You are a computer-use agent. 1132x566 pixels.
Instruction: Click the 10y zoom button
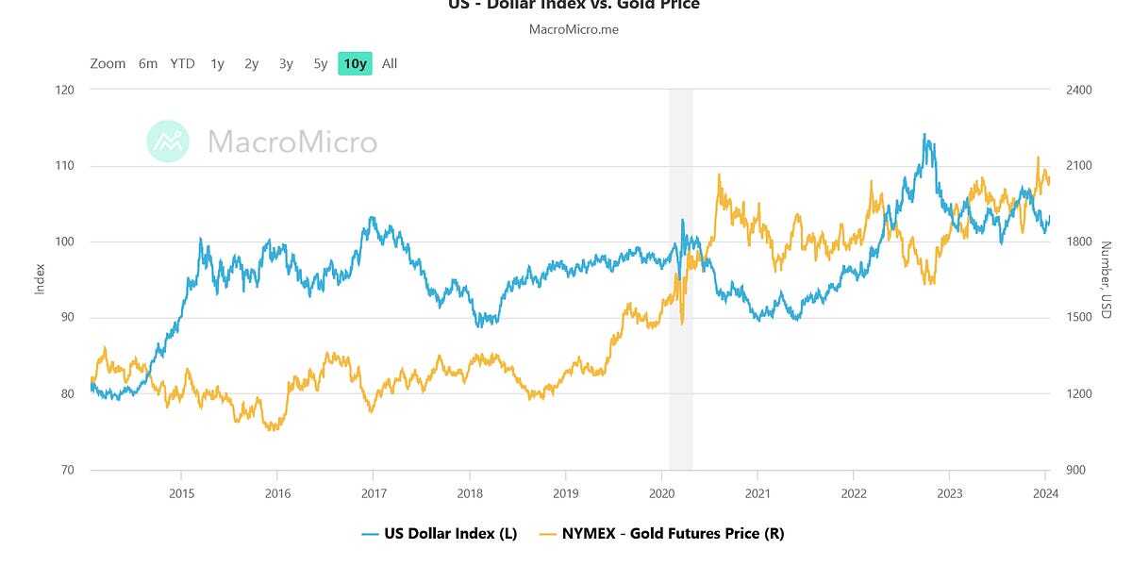[x=355, y=64]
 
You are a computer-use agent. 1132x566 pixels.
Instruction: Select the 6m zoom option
[x=148, y=64]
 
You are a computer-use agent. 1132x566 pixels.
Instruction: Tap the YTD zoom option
[x=182, y=64]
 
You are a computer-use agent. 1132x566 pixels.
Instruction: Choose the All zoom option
[x=390, y=64]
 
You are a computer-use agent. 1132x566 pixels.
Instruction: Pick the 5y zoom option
[x=321, y=64]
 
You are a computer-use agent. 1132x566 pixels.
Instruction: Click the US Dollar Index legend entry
[x=440, y=533]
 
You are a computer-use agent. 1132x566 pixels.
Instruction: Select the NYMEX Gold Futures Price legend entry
[x=661, y=533]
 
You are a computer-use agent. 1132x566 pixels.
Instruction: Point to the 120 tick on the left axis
[x=66, y=91]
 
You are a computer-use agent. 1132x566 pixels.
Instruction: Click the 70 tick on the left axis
[x=67, y=470]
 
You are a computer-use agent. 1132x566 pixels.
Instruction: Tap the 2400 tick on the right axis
[x=1079, y=91]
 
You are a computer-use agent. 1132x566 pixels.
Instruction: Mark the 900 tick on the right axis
[x=1076, y=470]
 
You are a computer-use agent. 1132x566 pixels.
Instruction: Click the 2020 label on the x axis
[x=661, y=493]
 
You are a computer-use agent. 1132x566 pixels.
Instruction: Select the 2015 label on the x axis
[x=181, y=493]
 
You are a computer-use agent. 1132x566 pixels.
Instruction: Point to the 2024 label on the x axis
[x=1044, y=493]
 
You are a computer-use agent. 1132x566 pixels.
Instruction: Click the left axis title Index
[x=41, y=279]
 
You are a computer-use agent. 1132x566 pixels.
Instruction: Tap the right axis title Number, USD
[x=1106, y=279]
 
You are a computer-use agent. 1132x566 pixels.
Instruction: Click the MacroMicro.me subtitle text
[x=574, y=29]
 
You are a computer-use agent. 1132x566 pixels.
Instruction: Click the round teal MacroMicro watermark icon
[x=168, y=141]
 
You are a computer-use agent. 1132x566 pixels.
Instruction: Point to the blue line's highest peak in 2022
[x=924, y=134]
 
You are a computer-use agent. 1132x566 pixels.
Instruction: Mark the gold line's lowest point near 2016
[x=274, y=430]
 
